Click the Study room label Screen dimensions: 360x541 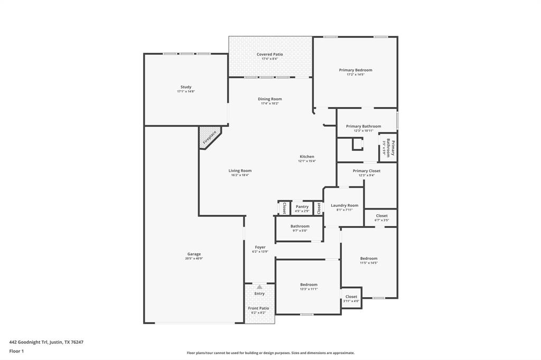click(x=186, y=87)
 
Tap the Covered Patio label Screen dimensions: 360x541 click(x=269, y=54)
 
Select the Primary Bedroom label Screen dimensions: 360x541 click(x=355, y=70)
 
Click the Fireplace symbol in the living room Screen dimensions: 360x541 click(x=210, y=137)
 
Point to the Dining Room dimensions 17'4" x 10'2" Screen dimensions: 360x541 click(x=269, y=103)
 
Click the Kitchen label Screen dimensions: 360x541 click(x=307, y=157)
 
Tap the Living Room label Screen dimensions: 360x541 click(x=240, y=170)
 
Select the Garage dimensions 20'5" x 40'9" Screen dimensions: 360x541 click(x=194, y=259)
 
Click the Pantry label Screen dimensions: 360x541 click(x=302, y=207)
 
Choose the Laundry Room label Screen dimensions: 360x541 click(x=344, y=205)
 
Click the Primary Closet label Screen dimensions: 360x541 click(x=366, y=171)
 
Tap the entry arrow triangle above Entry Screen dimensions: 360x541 click(x=259, y=287)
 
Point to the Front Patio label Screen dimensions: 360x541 click(x=259, y=308)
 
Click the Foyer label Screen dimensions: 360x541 click(x=260, y=247)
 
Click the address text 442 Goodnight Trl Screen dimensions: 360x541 click(x=46, y=342)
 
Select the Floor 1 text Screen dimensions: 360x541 click(x=17, y=351)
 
